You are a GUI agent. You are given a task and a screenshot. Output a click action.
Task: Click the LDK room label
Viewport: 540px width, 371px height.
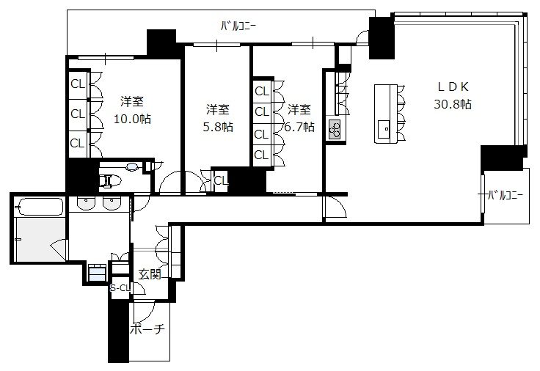pos(453,87)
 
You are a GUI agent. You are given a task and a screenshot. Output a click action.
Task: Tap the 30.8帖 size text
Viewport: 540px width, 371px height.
pos(453,104)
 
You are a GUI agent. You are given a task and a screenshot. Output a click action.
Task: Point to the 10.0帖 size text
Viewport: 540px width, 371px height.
pos(132,119)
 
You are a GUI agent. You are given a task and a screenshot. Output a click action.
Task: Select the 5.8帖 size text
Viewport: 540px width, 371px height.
pos(218,127)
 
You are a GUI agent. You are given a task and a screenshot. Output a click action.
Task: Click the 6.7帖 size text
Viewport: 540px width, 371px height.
pos(299,127)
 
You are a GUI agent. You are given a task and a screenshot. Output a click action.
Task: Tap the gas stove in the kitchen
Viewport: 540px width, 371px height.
pos(334,129)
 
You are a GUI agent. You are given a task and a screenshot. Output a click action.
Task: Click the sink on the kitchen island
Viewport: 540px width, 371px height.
pos(384,129)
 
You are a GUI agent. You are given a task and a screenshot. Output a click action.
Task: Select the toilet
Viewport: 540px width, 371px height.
pos(110,180)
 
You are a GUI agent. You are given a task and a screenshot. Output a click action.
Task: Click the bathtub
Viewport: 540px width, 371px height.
pos(40,207)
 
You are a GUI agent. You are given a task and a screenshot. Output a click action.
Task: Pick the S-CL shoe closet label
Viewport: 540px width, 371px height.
pos(120,287)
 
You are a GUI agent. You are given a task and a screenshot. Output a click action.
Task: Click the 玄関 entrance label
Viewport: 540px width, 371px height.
pos(150,274)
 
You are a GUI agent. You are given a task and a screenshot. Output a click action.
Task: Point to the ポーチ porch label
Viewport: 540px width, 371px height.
pos(147,329)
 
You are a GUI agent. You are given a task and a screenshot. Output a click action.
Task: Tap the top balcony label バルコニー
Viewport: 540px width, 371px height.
pos(238,26)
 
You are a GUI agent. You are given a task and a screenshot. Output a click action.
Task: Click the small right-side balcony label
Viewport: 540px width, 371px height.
pos(506,196)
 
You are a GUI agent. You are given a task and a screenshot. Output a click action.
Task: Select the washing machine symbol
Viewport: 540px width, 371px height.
pos(97,273)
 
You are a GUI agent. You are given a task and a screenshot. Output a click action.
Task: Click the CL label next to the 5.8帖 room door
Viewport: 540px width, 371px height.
pos(221,180)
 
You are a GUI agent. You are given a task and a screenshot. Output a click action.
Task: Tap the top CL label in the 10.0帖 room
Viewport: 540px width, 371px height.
pos(78,84)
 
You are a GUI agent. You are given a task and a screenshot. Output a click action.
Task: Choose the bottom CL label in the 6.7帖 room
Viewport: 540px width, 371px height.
pos(261,155)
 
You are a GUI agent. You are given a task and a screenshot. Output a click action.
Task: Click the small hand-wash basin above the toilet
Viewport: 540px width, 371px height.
pos(132,167)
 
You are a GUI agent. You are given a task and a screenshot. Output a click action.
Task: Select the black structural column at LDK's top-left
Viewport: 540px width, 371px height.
pos(382,37)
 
